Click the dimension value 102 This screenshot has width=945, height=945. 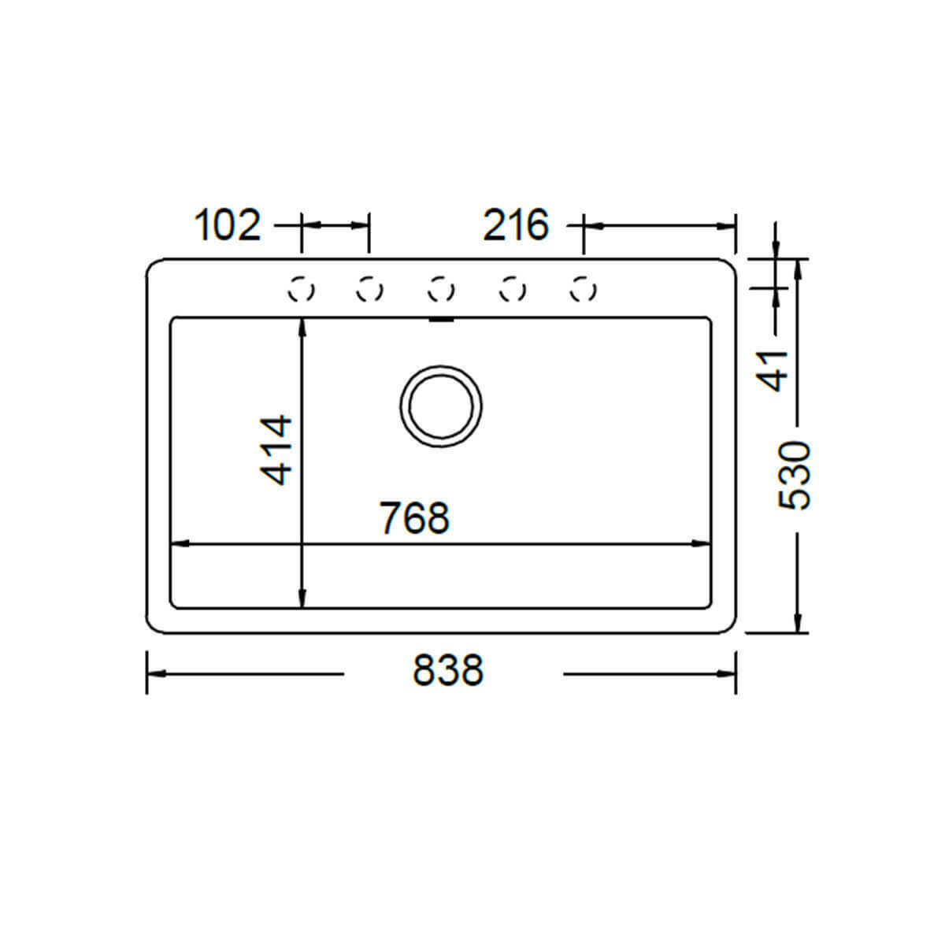228,225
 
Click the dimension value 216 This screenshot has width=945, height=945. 516,225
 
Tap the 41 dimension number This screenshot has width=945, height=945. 772,371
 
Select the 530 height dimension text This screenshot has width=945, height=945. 795,476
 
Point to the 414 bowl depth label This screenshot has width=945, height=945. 276,450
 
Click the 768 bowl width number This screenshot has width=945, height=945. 414,518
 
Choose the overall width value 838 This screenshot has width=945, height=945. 448,670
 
